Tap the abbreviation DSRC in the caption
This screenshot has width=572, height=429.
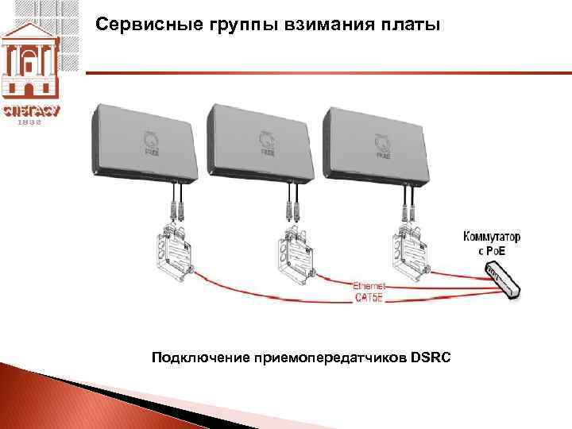click(431, 358)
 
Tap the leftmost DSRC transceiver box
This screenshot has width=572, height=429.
click(147, 143)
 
